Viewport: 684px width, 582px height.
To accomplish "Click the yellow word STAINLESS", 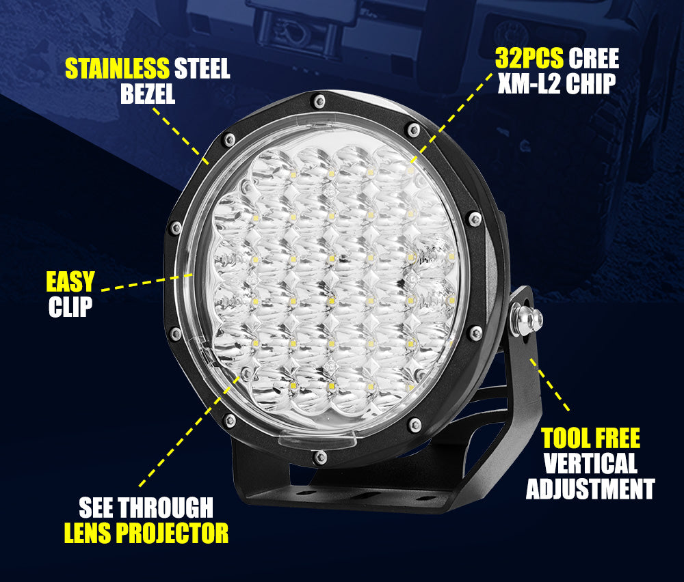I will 116,68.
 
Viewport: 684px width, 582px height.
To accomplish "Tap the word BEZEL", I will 148,94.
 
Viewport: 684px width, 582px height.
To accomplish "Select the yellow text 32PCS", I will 529,59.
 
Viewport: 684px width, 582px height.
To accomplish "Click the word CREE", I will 593,59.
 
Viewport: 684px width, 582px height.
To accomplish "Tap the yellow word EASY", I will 70,281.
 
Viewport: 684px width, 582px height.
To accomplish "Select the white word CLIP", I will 70,307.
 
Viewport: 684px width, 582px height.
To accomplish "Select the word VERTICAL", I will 590,464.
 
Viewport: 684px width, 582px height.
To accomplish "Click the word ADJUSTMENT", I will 590,489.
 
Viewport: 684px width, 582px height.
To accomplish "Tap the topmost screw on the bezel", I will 317,101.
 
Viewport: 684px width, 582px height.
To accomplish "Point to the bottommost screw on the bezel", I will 319,456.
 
